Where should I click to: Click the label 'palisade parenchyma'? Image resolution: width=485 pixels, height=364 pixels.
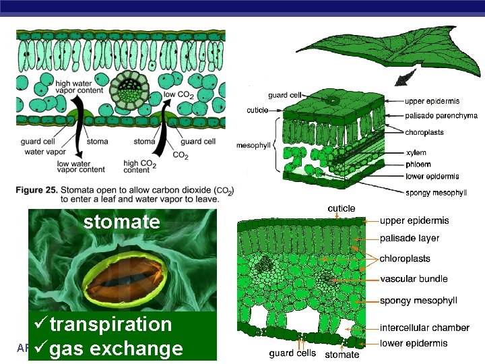point(441,116)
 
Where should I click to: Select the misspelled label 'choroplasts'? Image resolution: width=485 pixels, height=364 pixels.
point(424,132)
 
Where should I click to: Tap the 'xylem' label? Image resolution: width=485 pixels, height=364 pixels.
point(416,154)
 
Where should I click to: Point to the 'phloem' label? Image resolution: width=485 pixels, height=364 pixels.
point(418,164)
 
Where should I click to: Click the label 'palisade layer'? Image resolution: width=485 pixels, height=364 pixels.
point(410,238)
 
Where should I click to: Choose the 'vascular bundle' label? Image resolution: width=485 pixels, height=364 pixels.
point(414,279)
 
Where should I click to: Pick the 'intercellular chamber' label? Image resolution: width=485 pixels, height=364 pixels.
point(424,328)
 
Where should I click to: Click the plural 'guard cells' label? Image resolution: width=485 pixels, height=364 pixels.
point(292,353)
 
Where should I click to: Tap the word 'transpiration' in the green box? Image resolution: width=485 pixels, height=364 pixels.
point(111,324)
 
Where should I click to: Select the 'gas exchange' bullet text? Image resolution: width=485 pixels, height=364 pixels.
point(116,348)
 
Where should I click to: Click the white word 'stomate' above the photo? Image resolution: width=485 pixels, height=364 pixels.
point(122,222)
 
